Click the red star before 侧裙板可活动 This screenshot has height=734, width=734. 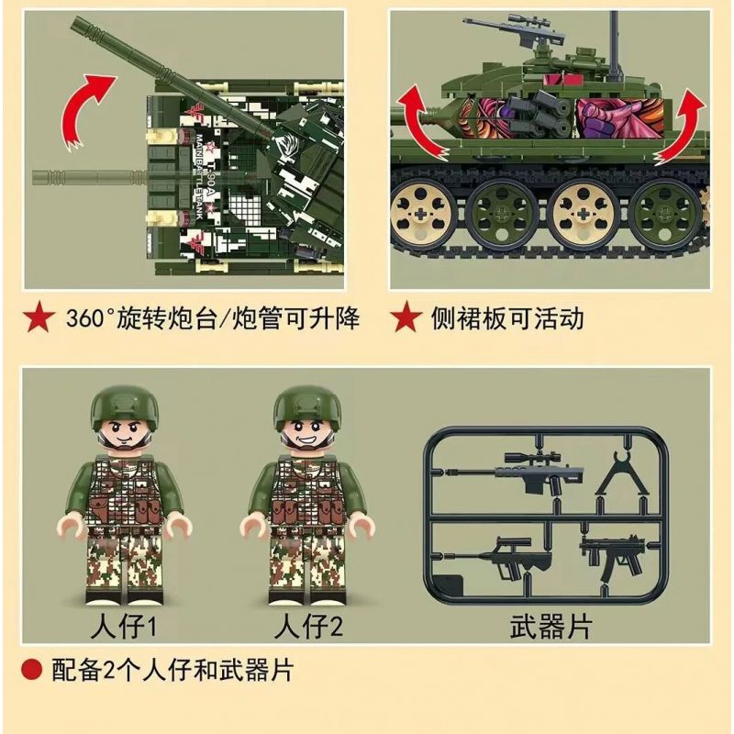click(405, 319)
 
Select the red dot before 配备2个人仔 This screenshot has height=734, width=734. click(32, 670)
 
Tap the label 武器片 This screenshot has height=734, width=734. click(550, 627)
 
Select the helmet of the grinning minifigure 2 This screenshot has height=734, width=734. click(308, 405)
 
